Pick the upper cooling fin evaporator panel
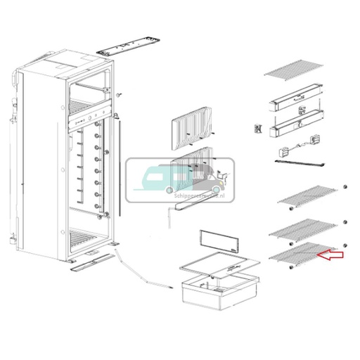(x=191, y=127)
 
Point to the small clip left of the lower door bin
(x=258, y=129)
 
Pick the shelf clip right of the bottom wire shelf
(x=345, y=244)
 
